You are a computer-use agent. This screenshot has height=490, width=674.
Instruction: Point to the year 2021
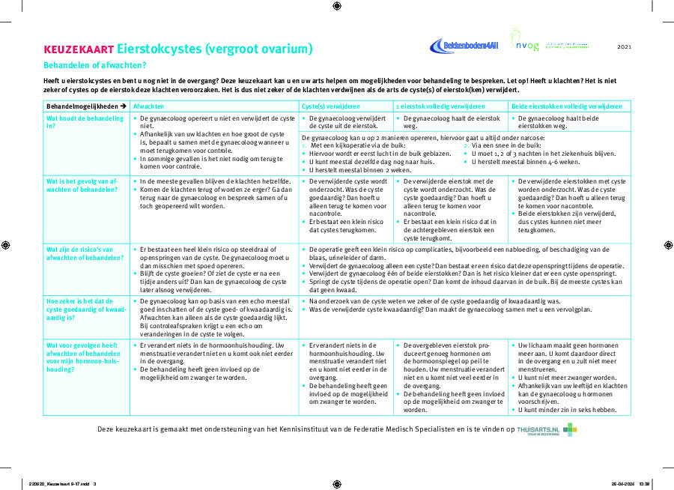[625, 46]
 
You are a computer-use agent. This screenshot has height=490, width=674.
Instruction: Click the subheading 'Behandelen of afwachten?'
[94, 65]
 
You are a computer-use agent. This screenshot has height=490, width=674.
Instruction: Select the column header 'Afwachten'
[149, 106]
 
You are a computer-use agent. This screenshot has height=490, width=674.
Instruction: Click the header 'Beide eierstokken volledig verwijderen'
[566, 106]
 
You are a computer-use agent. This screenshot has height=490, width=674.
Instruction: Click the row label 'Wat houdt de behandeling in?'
[85, 122]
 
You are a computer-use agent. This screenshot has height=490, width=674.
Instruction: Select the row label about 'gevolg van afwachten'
[82, 185]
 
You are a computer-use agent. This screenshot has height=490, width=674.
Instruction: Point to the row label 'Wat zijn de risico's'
[85, 254]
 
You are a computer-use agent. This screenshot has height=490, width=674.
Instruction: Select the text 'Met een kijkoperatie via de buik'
[358, 145]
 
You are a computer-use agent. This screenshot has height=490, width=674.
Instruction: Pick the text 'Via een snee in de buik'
[507, 145]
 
